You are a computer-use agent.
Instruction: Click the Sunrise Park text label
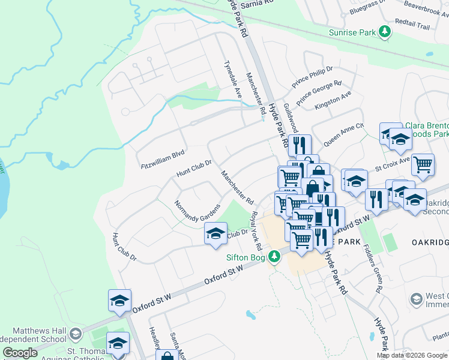(352, 32)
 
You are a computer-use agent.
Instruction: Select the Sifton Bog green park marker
(274, 257)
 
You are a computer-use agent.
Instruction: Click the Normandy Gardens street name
(197, 210)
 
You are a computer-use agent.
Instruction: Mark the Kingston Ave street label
(333, 101)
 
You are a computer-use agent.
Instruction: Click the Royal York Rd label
(256, 231)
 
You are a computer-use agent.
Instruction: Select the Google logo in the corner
(20, 353)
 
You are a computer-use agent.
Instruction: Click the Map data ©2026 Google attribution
(412, 355)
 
